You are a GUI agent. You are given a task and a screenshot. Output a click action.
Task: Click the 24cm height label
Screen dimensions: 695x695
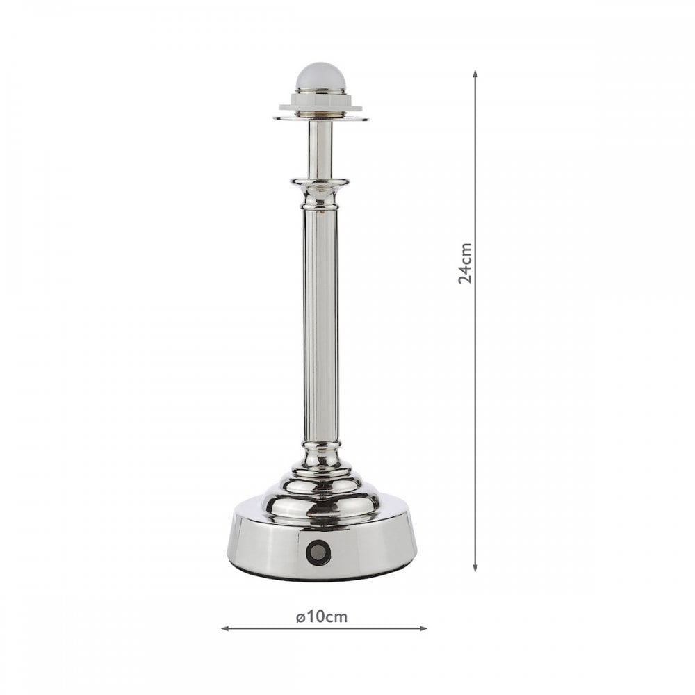[x=465, y=263]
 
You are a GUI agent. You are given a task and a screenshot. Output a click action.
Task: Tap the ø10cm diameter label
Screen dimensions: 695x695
[x=322, y=616]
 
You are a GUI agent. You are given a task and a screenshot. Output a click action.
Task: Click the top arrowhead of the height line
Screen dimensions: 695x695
[x=475, y=74]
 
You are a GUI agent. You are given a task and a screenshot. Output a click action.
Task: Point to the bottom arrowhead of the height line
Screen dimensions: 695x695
[x=475, y=567]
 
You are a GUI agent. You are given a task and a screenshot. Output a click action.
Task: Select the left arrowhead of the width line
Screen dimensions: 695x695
[x=226, y=628]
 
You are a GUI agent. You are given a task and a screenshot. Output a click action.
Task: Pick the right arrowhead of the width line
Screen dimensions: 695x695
[x=423, y=628]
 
